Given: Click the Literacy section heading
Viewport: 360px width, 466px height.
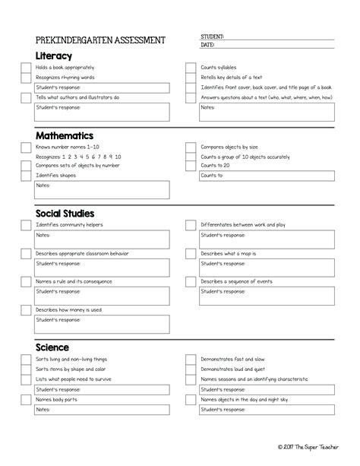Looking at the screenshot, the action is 54,55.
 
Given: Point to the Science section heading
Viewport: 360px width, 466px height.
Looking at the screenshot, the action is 52,347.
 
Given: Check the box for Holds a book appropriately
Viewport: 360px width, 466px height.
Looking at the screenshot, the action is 26,68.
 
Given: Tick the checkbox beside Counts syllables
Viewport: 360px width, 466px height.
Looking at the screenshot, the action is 191,68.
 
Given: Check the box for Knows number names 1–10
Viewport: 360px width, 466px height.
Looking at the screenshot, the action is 26,147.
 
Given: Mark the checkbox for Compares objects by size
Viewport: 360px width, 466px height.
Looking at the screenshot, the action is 191,147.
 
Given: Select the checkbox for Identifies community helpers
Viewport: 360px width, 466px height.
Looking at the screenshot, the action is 26,226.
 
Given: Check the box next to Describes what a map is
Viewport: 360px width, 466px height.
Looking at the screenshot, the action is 191,254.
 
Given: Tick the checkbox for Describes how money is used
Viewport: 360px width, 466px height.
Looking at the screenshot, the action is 26,310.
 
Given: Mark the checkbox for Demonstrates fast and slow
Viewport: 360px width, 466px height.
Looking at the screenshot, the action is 191,360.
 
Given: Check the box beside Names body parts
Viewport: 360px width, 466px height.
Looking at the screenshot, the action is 26,399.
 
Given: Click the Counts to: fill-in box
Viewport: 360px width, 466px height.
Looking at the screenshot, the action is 267,176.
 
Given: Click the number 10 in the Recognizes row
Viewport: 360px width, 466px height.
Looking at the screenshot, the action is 118,157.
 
